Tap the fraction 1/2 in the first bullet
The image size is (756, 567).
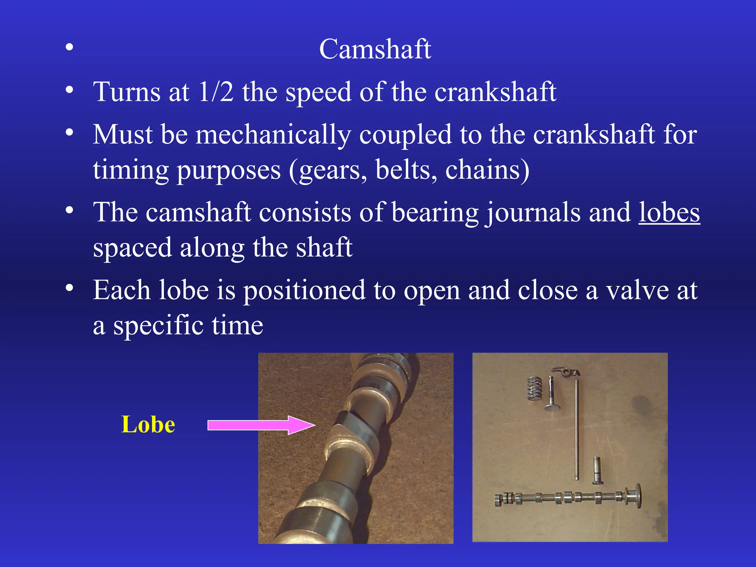point(216,92)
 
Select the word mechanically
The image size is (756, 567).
point(273,135)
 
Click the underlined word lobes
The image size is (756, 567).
point(669,213)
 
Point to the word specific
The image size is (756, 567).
point(158,326)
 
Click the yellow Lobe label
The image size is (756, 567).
point(148,425)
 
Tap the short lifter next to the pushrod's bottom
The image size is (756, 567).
point(598,471)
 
